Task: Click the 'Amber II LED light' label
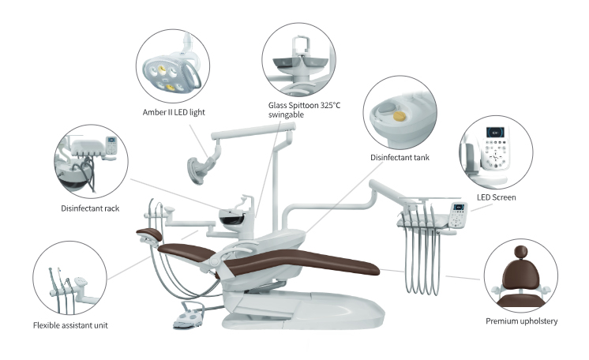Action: click(x=174, y=112)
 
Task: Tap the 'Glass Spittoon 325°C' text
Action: click(x=304, y=105)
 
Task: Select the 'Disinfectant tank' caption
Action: click(x=400, y=157)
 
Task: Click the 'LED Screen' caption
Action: click(x=496, y=197)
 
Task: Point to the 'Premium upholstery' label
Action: click(x=521, y=321)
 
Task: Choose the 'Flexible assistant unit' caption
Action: click(x=70, y=325)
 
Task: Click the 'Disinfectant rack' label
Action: click(x=90, y=208)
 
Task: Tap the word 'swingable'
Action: click(x=286, y=115)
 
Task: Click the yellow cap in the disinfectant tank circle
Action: click(x=400, y=116)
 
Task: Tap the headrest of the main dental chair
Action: click(x=149, y=234)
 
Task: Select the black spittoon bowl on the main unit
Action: click(x=231, y=218)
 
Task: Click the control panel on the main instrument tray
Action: click(x=459, y=215)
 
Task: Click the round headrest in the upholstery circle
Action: click(x=520, y=252)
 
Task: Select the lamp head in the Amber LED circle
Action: click(x=167, y=74)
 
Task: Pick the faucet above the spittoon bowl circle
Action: click(x=301, y=45)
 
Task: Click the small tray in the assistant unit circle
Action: click(x=81, y=281)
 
